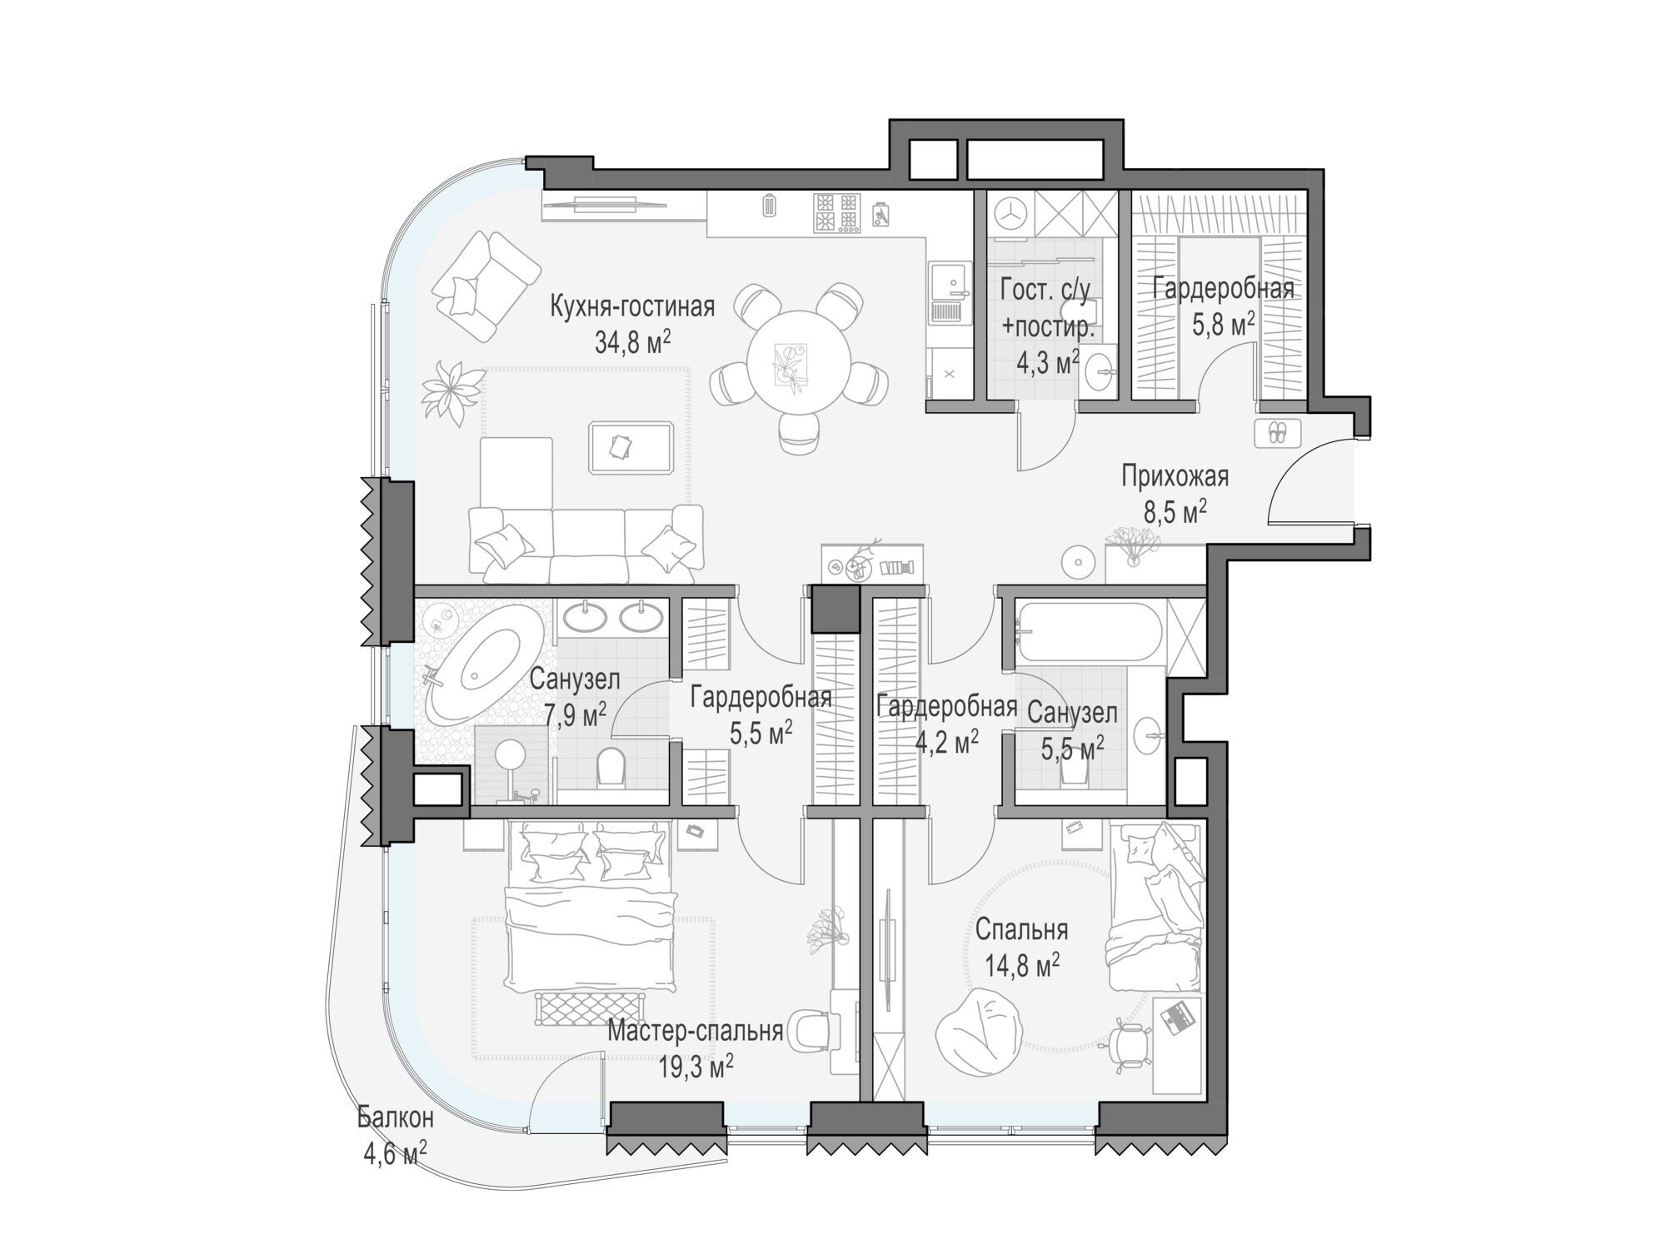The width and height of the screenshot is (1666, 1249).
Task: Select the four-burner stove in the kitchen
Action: [x=837, y=212]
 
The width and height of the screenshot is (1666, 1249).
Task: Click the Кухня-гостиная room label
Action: [x=632, y=306]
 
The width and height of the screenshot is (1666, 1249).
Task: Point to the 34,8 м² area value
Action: [x=633, y=341]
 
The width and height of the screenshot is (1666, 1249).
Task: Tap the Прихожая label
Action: [x=1175, y=477]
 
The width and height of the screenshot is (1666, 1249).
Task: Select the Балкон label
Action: [x=396, y=1117]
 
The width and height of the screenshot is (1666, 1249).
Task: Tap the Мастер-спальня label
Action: [x=696, y=1031]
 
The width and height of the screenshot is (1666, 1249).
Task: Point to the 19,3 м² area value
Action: [x=696, y=1067]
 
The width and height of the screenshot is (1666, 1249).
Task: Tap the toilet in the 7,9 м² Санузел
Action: [x=611, y=767]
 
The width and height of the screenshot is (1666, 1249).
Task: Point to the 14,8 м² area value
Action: [x=1022, y=966]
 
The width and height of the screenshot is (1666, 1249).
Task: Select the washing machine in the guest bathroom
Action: [x=1010, y=213]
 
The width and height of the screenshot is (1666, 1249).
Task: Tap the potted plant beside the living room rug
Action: [x=452, y=391]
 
